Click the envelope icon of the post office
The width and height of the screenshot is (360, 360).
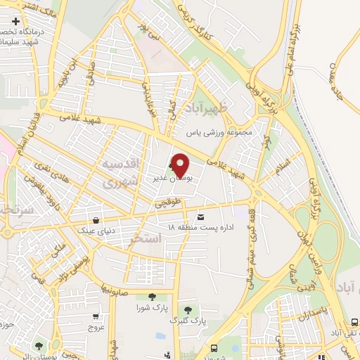coord(202,217)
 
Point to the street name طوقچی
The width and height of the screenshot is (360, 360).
coord(169,202)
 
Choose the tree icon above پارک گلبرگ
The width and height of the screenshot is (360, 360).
coord(187,309)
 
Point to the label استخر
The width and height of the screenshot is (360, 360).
coord(146,239)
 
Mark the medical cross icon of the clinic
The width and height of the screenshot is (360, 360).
coord(15,20)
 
